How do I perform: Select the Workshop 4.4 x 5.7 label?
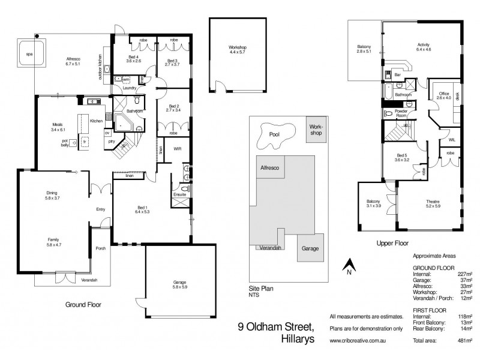pyautogui.click(x=238, y=50)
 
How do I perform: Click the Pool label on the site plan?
pyautogui.click(x=275, y=135)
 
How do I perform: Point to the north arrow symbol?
pyautogui.click(x=347, y=265)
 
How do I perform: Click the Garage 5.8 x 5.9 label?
pyautogui.click(x=179, y=283)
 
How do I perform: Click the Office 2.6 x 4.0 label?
pyautogui.click(x=444, y=97)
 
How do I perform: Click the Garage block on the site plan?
pyautogui.click(x=310, y=248)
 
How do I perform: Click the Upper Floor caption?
pyautogui.click(x=392, y=244)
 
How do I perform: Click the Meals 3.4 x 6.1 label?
pyautogui.click(x=61, y=127)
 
